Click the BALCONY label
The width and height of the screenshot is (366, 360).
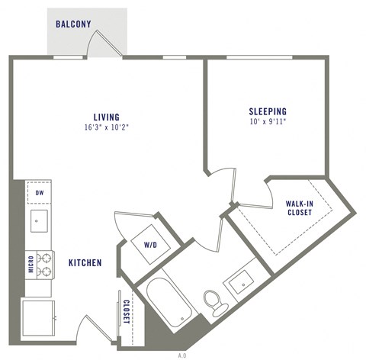73,24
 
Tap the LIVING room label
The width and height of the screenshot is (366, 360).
107,117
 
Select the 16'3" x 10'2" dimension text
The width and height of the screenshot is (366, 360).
107,127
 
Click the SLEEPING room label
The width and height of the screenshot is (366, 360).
267,110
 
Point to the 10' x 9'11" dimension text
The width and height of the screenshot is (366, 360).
267,121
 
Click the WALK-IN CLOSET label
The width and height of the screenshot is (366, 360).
298,208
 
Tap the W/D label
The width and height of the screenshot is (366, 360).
151,245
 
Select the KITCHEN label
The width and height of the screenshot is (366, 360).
85,263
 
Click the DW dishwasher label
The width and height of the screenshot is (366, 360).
39,192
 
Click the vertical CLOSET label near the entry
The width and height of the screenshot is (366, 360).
126,312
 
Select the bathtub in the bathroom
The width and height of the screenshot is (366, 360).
167,301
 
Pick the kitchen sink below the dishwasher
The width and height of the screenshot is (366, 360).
39,221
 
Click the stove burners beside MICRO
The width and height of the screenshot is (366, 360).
43,264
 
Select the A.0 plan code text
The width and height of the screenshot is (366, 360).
182,355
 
